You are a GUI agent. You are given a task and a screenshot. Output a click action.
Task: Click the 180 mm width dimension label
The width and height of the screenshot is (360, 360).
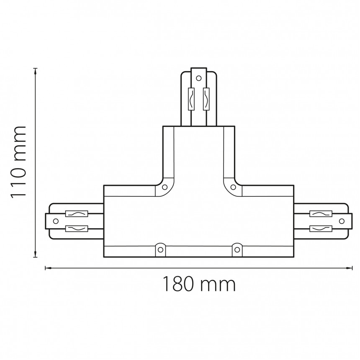coord(199,284)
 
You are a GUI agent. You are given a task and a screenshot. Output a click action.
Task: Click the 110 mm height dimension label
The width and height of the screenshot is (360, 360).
coord(18,162)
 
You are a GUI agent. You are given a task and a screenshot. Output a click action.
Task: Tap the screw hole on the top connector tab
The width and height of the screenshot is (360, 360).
coord(199,78)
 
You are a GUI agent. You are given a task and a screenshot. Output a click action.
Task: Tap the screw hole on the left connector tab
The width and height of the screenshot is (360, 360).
coord(56,221)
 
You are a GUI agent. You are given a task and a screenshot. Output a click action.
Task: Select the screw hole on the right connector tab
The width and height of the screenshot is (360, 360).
coord(342,221)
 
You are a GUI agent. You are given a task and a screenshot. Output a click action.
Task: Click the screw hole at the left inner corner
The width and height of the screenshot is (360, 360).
coord(165,187)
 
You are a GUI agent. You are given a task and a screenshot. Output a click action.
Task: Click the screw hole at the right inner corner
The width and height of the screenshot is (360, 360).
coord(233,187)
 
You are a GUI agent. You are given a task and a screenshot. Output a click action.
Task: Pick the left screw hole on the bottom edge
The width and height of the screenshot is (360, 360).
coord(160,249)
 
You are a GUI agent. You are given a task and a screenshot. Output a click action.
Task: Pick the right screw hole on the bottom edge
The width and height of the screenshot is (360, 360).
coord(237,249)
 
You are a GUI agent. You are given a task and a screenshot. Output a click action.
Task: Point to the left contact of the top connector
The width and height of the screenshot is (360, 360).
coord(191,99)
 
